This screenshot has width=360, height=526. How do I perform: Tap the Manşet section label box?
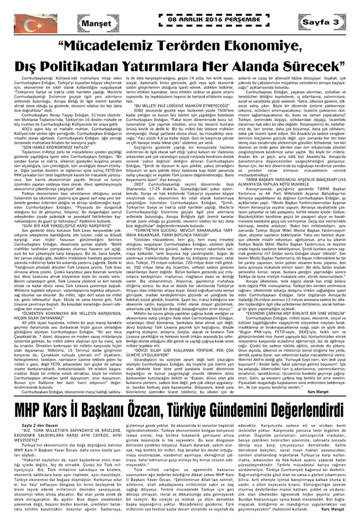click(93, 23)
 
